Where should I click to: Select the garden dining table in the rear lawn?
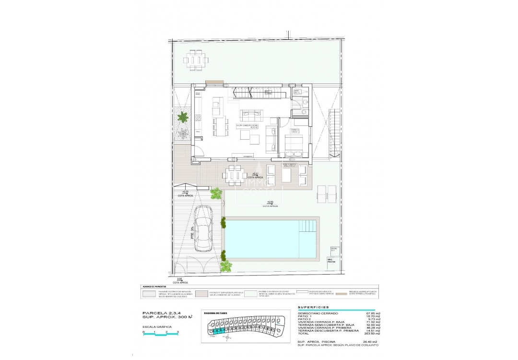click(195, 60)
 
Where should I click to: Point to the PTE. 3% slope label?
click(192, 233)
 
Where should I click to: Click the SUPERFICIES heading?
click(313, 307)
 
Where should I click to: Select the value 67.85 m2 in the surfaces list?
click(372, 313)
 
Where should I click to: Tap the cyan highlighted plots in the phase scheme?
click(219, 331)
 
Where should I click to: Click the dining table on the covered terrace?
click(235, 175)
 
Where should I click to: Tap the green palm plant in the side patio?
click(183, 117)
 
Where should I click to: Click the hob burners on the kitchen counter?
click(198, 117)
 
